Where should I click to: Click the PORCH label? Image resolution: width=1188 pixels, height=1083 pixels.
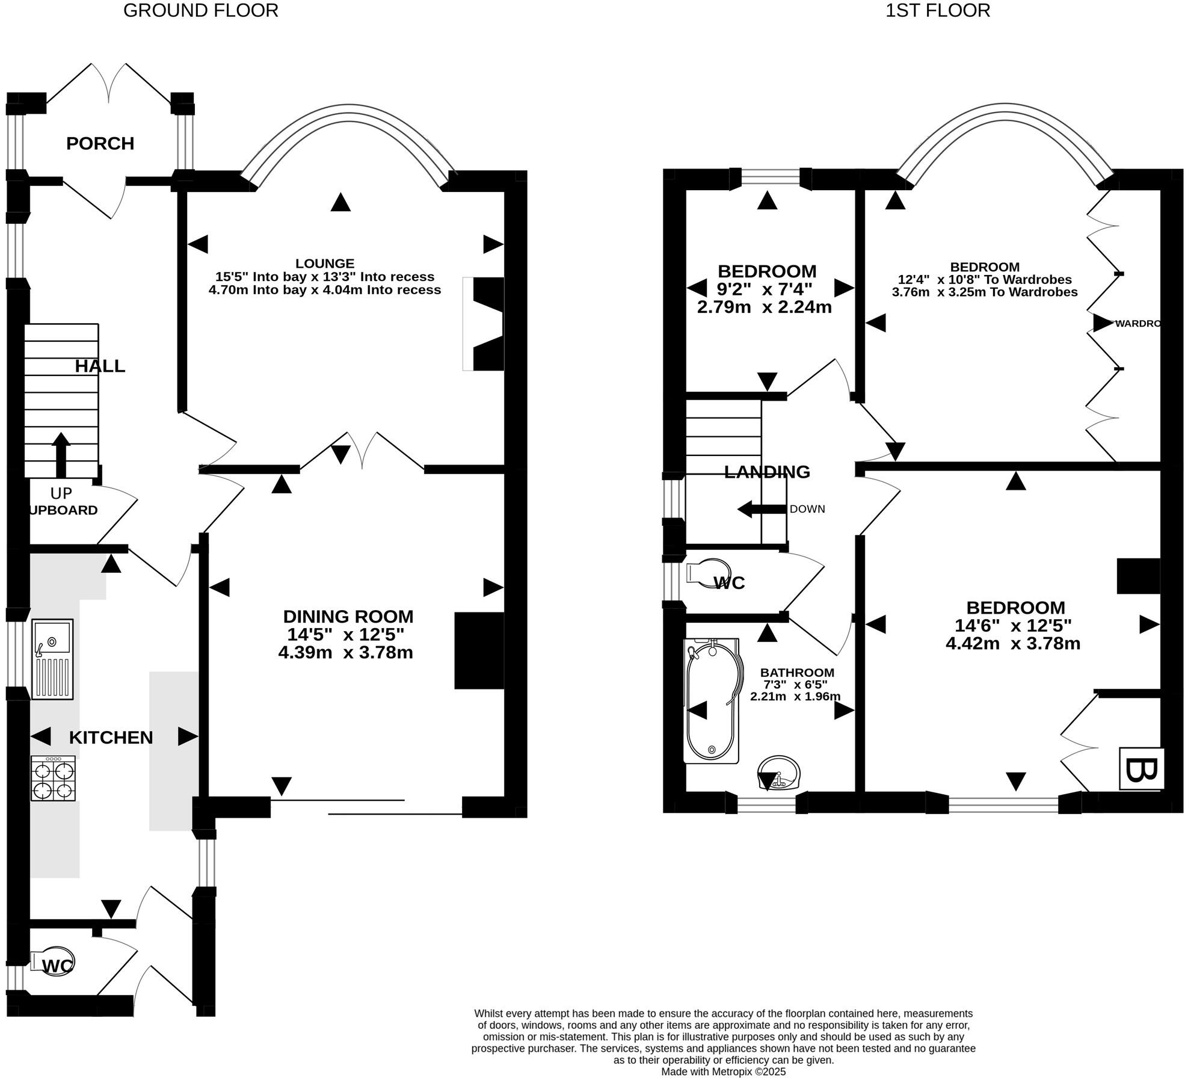[100, 143]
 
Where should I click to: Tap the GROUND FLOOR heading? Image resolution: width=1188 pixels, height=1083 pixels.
[200, 11]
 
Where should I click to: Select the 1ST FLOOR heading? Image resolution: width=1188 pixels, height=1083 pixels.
[937, 11]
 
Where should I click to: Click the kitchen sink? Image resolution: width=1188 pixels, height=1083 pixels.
[52, 659]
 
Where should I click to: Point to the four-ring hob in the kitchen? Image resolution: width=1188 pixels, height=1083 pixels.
[54, 779]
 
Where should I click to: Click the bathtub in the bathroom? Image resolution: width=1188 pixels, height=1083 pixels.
[712, 701]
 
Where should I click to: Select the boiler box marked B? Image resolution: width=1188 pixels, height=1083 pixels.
[1141, 768]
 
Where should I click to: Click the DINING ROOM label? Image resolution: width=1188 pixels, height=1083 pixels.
[348, 617]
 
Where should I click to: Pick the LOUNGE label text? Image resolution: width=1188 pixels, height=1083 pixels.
[325, 264]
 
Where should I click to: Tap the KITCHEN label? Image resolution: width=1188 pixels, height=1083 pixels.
[111, 738]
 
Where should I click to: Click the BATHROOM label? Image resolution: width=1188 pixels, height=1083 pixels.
[797, 673]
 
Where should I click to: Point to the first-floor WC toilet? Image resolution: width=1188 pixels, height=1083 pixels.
[710, 572]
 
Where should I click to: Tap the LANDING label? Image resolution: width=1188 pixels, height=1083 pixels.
[767, 472]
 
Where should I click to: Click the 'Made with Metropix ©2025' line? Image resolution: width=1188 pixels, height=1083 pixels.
[723, 1072]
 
